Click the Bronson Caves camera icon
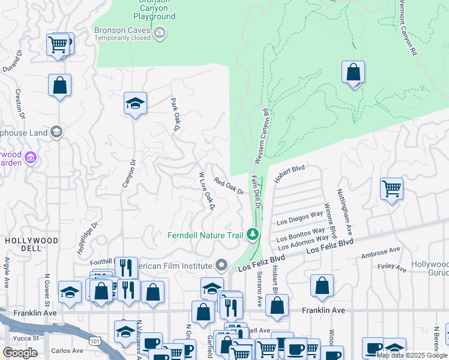click(159, 33)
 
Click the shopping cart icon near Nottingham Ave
click(391, 189)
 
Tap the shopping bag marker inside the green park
click(354, 73)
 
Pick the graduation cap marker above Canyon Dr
click(136, 103)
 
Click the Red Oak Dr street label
click(229, 187)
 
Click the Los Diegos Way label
click(300, 218)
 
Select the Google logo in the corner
click(20, 353)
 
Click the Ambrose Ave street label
click(380, 253)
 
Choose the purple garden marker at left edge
click(31, 158)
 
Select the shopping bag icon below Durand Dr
click(59, 85)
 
